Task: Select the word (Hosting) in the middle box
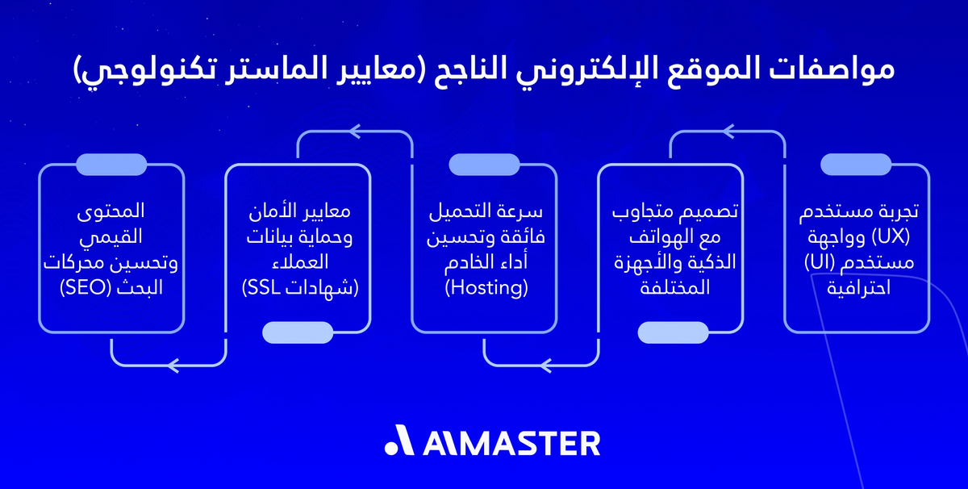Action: point(484,288)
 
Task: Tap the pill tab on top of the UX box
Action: point(856,165)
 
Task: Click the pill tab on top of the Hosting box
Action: point(484,165)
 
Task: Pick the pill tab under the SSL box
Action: point(298,332)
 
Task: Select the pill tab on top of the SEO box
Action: point(111,165)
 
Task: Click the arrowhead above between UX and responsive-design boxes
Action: point(728,128)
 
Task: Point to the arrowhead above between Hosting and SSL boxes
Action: point(355,128)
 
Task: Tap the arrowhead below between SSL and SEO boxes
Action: point(172,366)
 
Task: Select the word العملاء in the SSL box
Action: point(298,263)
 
